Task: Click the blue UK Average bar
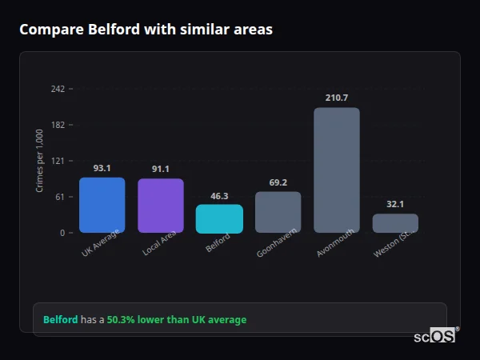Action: point(102,205)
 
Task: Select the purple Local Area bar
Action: point(160,206)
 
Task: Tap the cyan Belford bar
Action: point(219,218)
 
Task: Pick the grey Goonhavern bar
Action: point(278,212)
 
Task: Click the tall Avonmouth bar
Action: point(336,170)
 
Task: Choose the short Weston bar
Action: point(395,223)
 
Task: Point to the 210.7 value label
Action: point(337,98)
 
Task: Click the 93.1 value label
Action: point(102,168)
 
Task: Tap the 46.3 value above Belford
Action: point(219,195)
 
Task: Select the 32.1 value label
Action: point(395,204)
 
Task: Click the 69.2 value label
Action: point(278,182)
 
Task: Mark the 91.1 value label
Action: point(160,169)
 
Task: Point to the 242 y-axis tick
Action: point(58,89)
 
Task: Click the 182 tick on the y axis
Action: point(58,125)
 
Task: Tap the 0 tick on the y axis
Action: point(62,233)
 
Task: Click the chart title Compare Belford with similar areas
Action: point(146,30)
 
